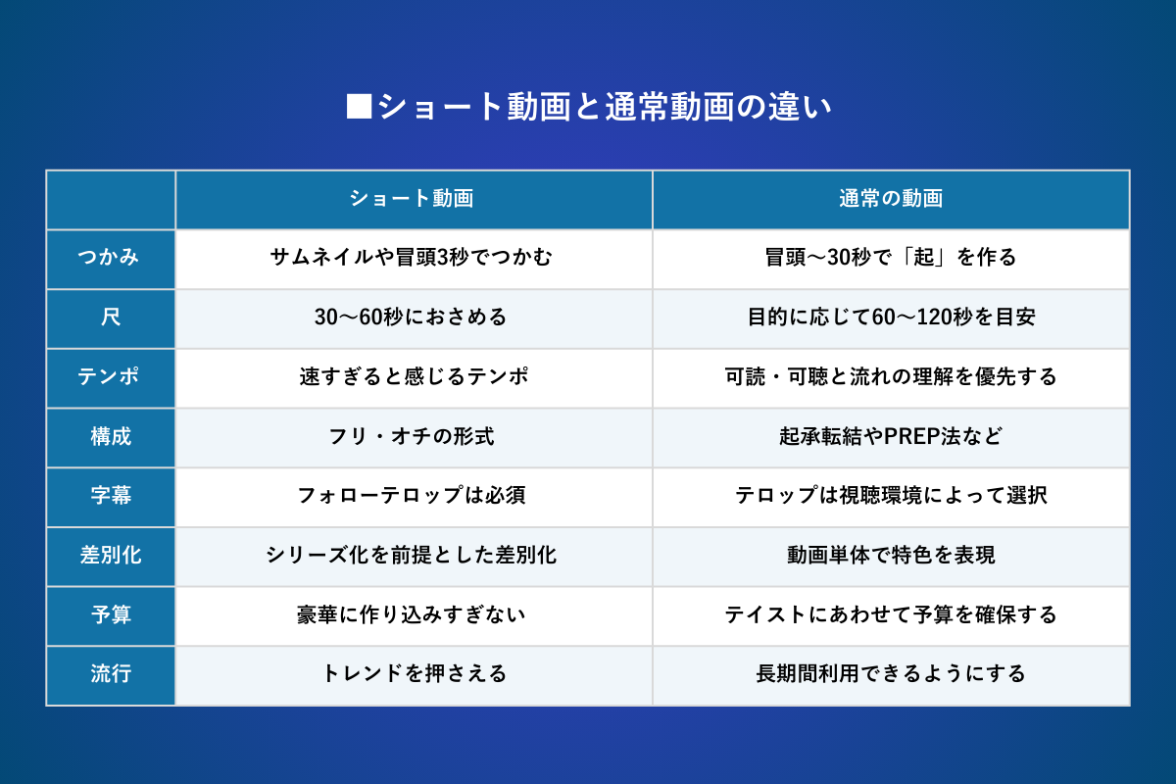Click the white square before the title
pos(359,106)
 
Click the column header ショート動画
pos(412,199)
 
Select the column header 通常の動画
pos(891,199)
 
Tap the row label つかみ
pos(109,258)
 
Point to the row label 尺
pos(110,318)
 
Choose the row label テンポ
pos(109,376)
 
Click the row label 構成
pos(110,436)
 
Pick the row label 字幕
pos(110,495)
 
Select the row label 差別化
pos(110,555)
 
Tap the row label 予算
pos(110,614)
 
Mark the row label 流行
pos(110,673)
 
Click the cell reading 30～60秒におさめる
pos(411,318)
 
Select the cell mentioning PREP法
pos(891,436)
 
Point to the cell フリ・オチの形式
pos(412,436)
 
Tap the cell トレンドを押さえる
pos(414,673)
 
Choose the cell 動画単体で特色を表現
pos(891,555)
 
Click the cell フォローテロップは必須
pos(412,495)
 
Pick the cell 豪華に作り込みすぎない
pos(412,614)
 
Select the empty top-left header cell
pos(111,200)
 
